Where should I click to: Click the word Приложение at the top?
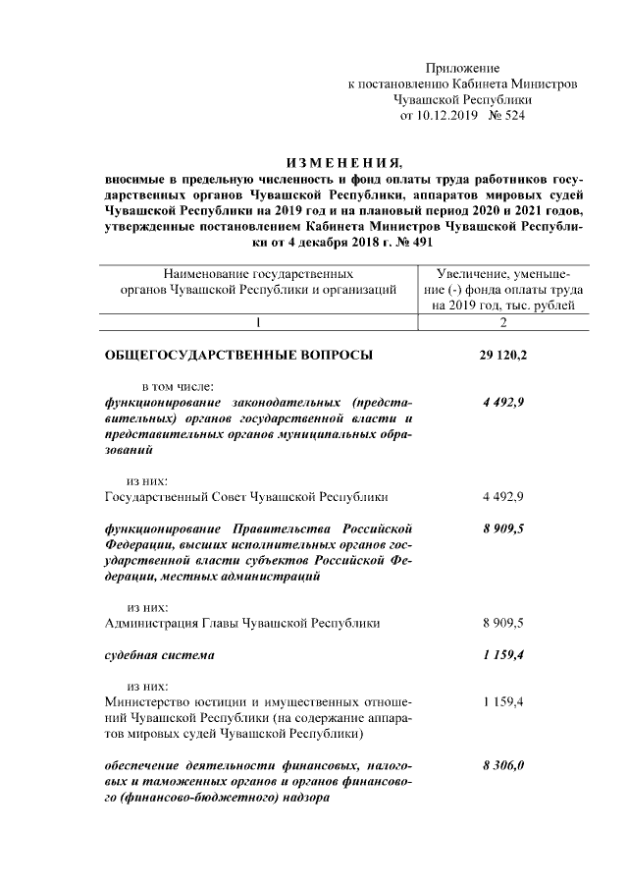tap(462, 69)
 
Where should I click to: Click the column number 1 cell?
tap(257, 322)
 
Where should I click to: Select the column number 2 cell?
tap(503, 322)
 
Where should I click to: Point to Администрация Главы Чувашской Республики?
tap(242, 623)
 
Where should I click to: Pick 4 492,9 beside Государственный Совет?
tap(503, 497)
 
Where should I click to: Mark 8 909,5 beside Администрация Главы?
tap(503, 623)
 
